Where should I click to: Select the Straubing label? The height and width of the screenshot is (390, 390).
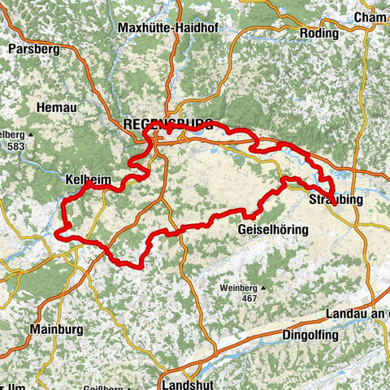(x=332, y=200)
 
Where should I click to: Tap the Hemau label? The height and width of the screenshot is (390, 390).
(x=55, y=106)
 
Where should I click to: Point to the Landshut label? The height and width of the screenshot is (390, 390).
(x=187, y=382)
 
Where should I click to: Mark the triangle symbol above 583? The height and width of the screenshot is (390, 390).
(x=30, y=133)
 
